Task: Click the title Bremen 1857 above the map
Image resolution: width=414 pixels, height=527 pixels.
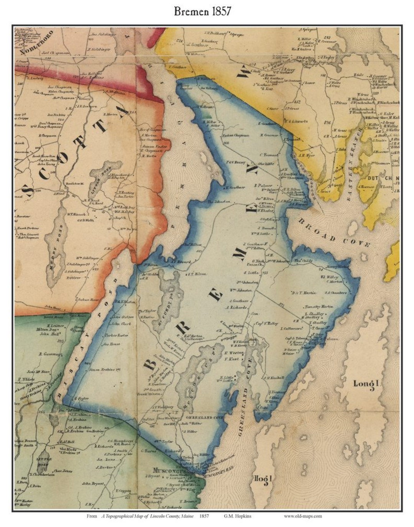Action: (202, 11)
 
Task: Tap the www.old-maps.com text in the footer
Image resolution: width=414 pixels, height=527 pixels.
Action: (303, 516)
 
